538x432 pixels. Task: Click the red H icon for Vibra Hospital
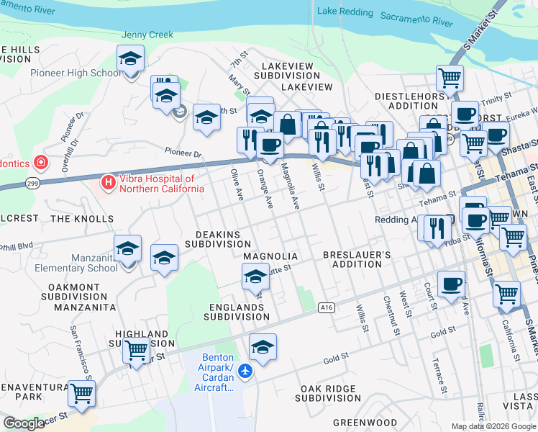coord(109,183)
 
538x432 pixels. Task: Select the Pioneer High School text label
coord(76,73)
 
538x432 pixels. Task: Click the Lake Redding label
coord(346,12)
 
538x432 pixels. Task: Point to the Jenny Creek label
coord(147,34)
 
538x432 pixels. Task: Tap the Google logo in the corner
coord(24,423)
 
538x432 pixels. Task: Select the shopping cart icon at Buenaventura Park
coord(82,394)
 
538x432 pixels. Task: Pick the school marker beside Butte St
coord(255,276)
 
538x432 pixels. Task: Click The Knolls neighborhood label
coord(82,218)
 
